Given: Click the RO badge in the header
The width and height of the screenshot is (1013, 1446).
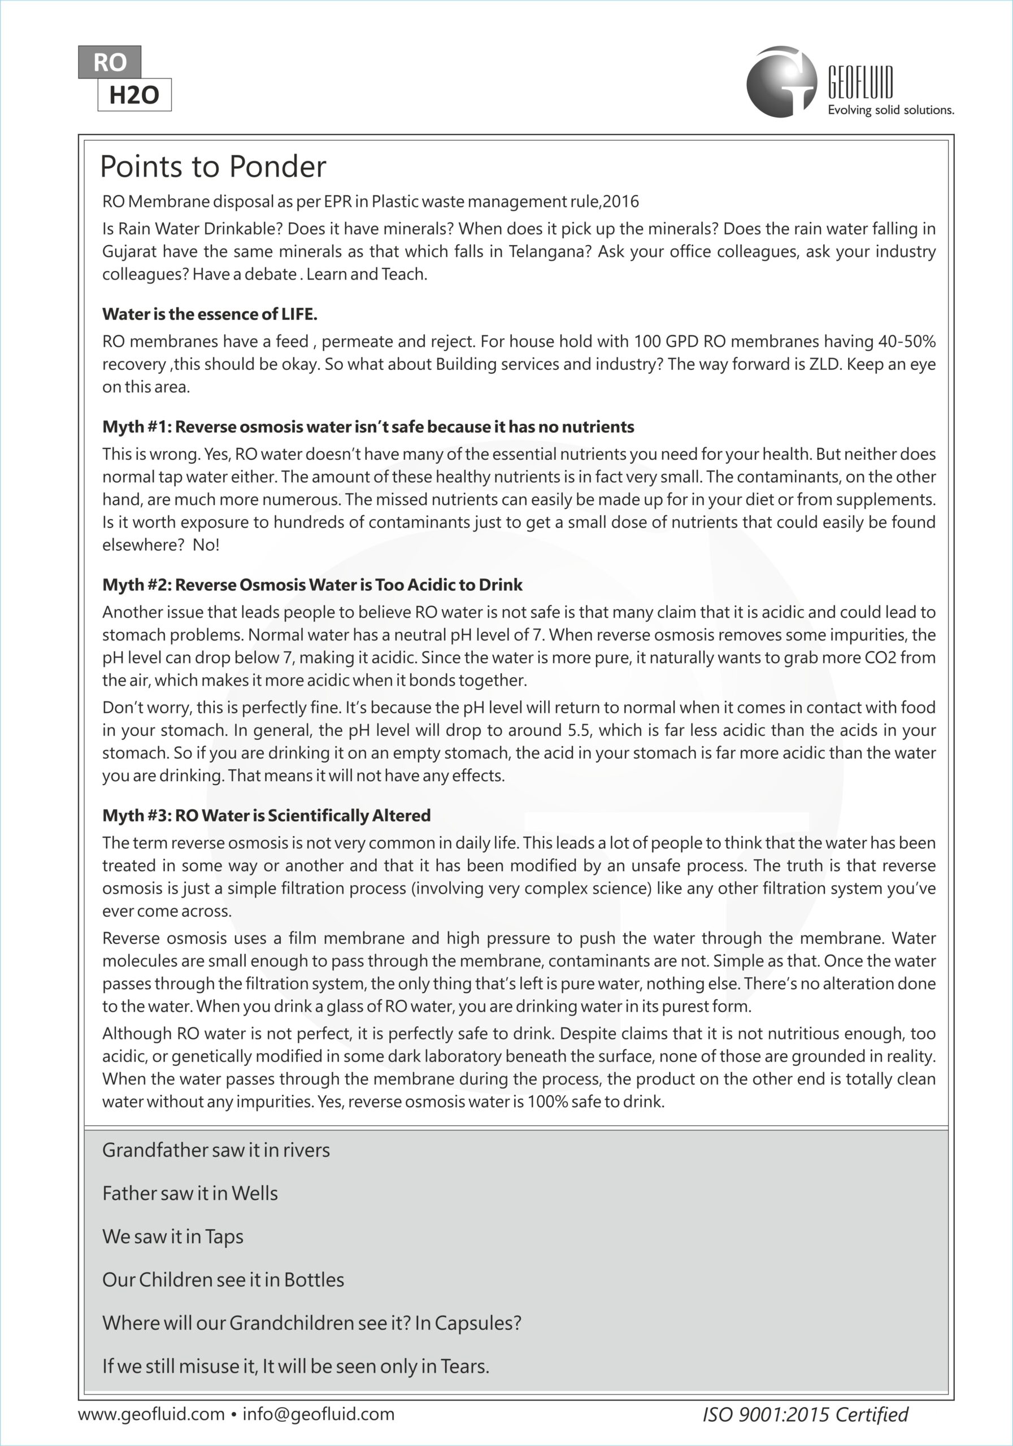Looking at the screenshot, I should tap(110, 62).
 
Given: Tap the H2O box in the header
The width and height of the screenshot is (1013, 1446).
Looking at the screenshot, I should tap(134, 95).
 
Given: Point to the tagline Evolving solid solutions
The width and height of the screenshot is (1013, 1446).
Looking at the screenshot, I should tap(890, 110).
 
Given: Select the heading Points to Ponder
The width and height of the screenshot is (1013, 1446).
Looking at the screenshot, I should tap(213, 167).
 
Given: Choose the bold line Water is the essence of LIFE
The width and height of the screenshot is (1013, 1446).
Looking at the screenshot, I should tap(210, 314).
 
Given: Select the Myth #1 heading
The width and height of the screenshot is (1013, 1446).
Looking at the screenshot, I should tap(368, 427).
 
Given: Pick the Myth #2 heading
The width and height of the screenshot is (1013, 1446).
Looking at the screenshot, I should tap(312, 585).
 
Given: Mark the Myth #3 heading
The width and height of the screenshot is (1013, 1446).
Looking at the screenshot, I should tap(267, 816).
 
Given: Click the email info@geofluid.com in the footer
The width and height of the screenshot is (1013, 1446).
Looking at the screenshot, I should tap(318, 1414).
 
